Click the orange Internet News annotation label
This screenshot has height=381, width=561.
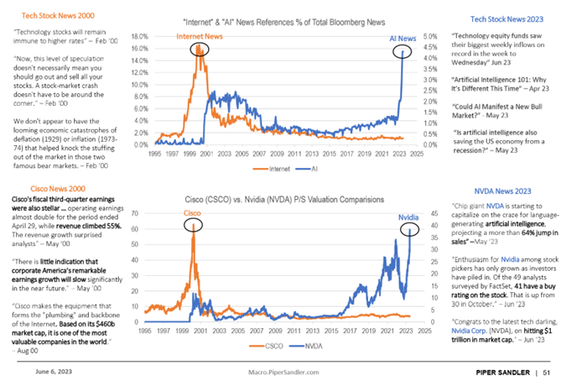tap(199, 36)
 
